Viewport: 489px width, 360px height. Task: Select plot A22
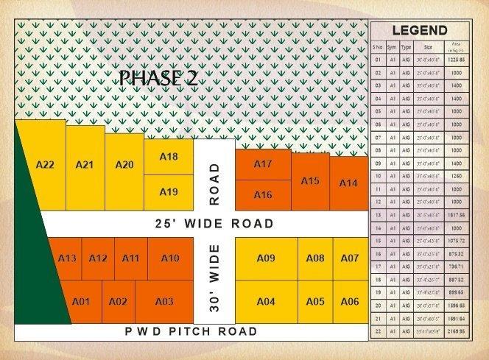point(45,164)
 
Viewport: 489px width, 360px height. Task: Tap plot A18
point(169,156)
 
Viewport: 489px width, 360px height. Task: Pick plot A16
point(263,194)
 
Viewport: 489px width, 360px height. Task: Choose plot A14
point(348,183)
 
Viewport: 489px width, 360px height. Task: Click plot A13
point(66,258)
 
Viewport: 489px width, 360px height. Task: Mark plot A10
point(169,258)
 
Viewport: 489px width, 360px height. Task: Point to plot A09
point(266,258)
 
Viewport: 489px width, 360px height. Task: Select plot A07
point(351,258)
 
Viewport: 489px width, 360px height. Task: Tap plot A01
point(81,302)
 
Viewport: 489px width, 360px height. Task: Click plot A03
point(164,302)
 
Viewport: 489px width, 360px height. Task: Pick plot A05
point(315,302)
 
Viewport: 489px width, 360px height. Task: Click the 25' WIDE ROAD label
point(214,223)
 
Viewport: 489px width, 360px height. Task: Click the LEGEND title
point(419,30)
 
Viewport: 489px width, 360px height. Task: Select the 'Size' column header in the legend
point(428,46)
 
